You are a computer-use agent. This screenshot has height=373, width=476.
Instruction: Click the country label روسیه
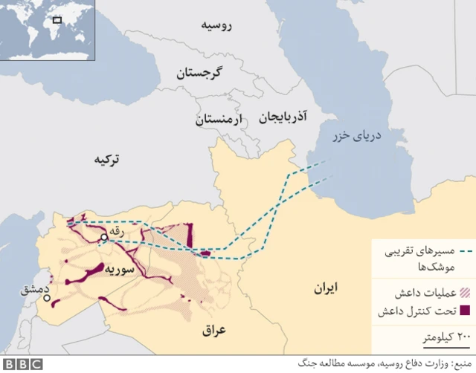click(x=216, y=26)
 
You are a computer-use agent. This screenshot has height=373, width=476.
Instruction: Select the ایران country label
click(x=326, y=287)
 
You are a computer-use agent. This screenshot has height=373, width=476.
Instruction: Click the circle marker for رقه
click(x=103, y=238)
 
